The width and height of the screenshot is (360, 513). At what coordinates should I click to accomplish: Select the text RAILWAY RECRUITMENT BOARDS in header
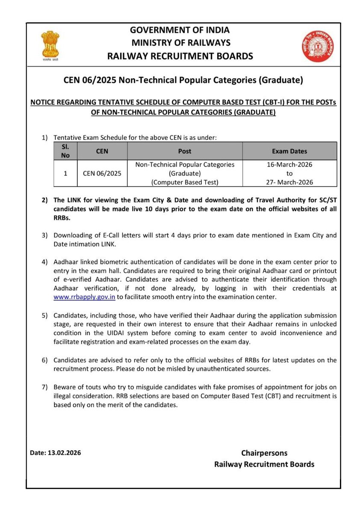(x=180, y=56)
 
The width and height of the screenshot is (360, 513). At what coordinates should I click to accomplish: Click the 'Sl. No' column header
(x=65, y=151)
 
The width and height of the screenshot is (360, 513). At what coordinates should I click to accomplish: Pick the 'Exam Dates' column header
(x=289, y=151)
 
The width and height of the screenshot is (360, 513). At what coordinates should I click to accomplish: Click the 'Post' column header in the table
(x=185, y=151)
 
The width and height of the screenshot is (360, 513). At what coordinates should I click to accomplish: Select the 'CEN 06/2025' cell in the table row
(x=102, y=173)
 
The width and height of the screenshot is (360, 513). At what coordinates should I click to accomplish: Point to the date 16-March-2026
(x=289, y=165)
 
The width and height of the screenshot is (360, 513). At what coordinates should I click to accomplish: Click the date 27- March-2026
(x=289, y=182)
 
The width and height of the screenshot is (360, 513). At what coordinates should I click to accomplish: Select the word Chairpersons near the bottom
(x=264, y=453)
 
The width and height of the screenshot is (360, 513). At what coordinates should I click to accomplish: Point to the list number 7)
(x=44, y=387)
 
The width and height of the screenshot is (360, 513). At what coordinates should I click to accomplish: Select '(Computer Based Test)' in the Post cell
(x=185, y=182)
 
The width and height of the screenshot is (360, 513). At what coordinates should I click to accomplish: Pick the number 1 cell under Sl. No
(x=65, y=173)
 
